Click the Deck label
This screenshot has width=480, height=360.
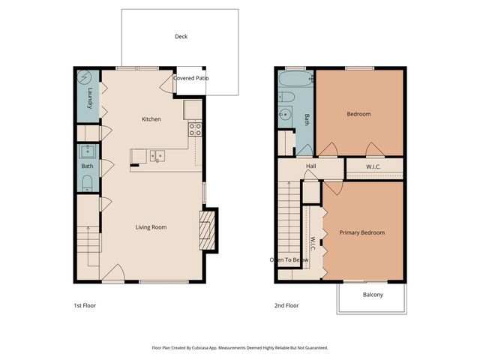point(181,36)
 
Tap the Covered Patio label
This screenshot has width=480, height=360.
point(191,78)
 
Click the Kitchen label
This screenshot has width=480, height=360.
point(151,119)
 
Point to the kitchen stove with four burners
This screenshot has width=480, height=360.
point(194,129)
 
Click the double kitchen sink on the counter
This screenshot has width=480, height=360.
point(157,156)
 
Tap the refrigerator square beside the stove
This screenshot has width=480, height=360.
point(193,110)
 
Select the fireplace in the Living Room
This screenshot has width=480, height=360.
point(208,229)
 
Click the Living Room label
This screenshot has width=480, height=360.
point(151,227)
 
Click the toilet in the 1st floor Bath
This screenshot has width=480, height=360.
point(87,183)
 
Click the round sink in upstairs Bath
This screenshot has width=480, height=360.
point(286,115)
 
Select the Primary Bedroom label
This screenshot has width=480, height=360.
point(361,232)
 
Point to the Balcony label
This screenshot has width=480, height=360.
point(373,295)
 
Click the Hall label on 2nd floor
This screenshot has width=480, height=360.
point(310,166)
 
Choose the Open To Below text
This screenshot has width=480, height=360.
point(289,260)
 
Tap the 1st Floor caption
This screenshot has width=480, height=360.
point(85,305)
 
